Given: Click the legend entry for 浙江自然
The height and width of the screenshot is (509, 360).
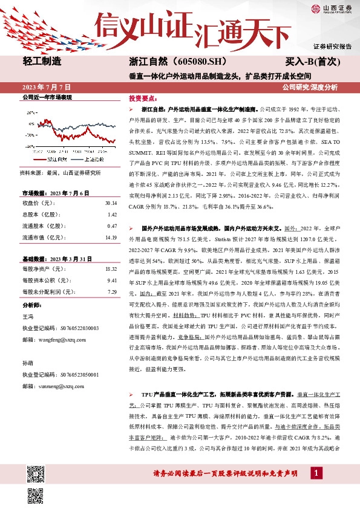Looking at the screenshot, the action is [57, 160].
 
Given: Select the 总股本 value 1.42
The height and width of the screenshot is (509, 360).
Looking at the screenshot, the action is [111, 215].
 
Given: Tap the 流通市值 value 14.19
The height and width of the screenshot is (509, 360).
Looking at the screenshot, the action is [110, 237].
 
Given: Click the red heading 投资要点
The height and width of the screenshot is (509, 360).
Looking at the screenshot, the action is [143, 97].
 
